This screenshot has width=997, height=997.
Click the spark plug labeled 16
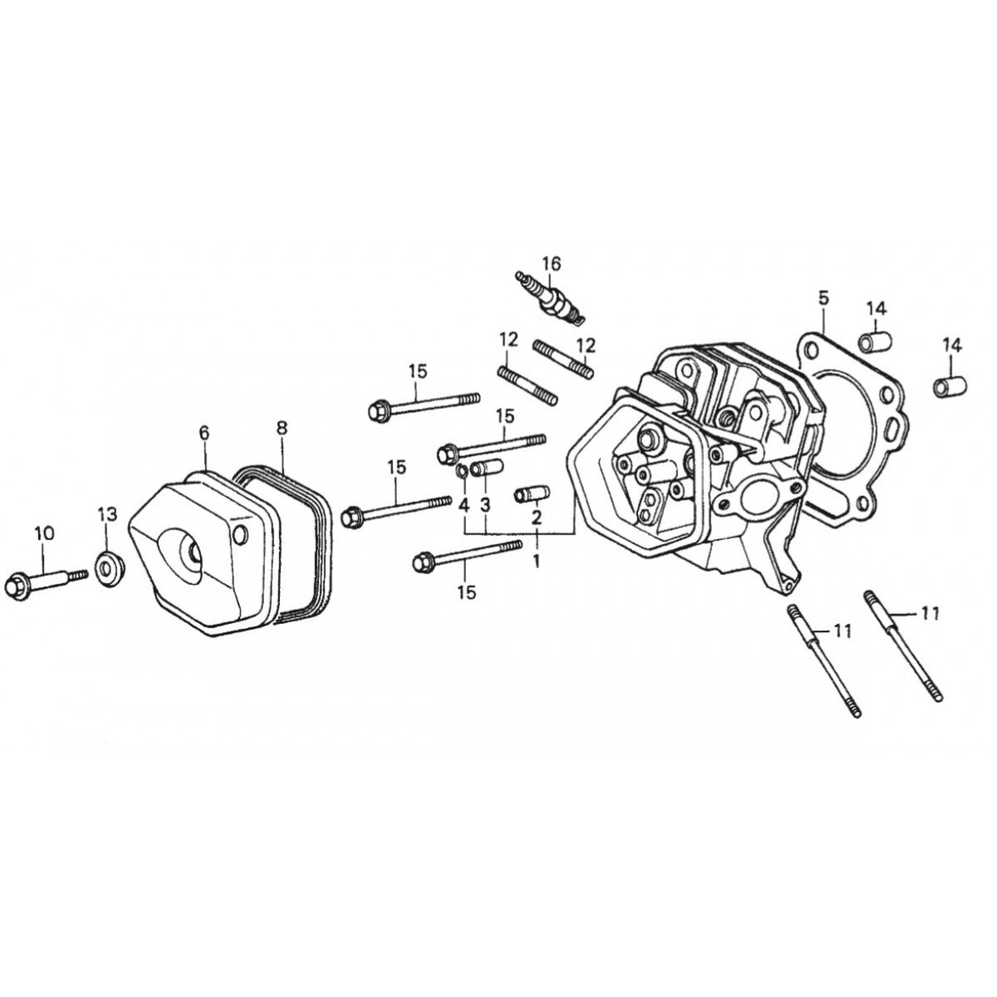(x=550, y=300)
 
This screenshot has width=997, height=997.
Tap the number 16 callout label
(x=552, y=263)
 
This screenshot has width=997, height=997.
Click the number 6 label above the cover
(x=204, y=433)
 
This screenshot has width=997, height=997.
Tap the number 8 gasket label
(x=282, y=428)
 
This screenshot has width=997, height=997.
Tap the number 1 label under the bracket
(x=537, y=560)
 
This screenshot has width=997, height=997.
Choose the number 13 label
(x=108, y=514)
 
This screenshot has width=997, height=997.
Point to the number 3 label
(x=485, y=505)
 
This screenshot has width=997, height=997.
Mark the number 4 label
(x=464, y=505)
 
